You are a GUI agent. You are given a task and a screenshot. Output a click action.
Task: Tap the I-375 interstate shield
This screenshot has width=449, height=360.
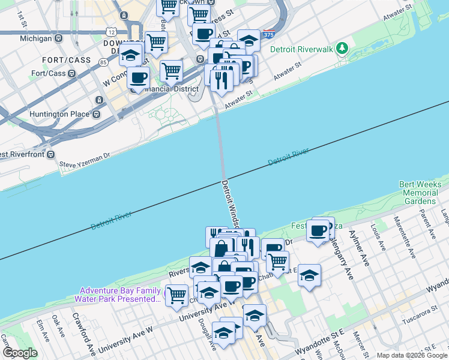[269, 37]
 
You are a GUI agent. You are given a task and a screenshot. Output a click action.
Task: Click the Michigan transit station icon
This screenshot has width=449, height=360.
[59, 38]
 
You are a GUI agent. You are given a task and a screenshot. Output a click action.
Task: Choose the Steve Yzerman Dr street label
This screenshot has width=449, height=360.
[85, 159]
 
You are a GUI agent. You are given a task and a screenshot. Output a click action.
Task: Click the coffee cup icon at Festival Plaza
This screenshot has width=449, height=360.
[317, 230]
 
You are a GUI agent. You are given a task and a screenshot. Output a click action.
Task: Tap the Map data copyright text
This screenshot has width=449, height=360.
[403, 355]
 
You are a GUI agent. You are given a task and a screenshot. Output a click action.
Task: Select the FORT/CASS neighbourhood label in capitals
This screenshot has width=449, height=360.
[66, 60]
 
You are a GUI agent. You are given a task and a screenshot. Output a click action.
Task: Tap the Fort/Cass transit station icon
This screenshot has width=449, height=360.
[71, 74]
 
